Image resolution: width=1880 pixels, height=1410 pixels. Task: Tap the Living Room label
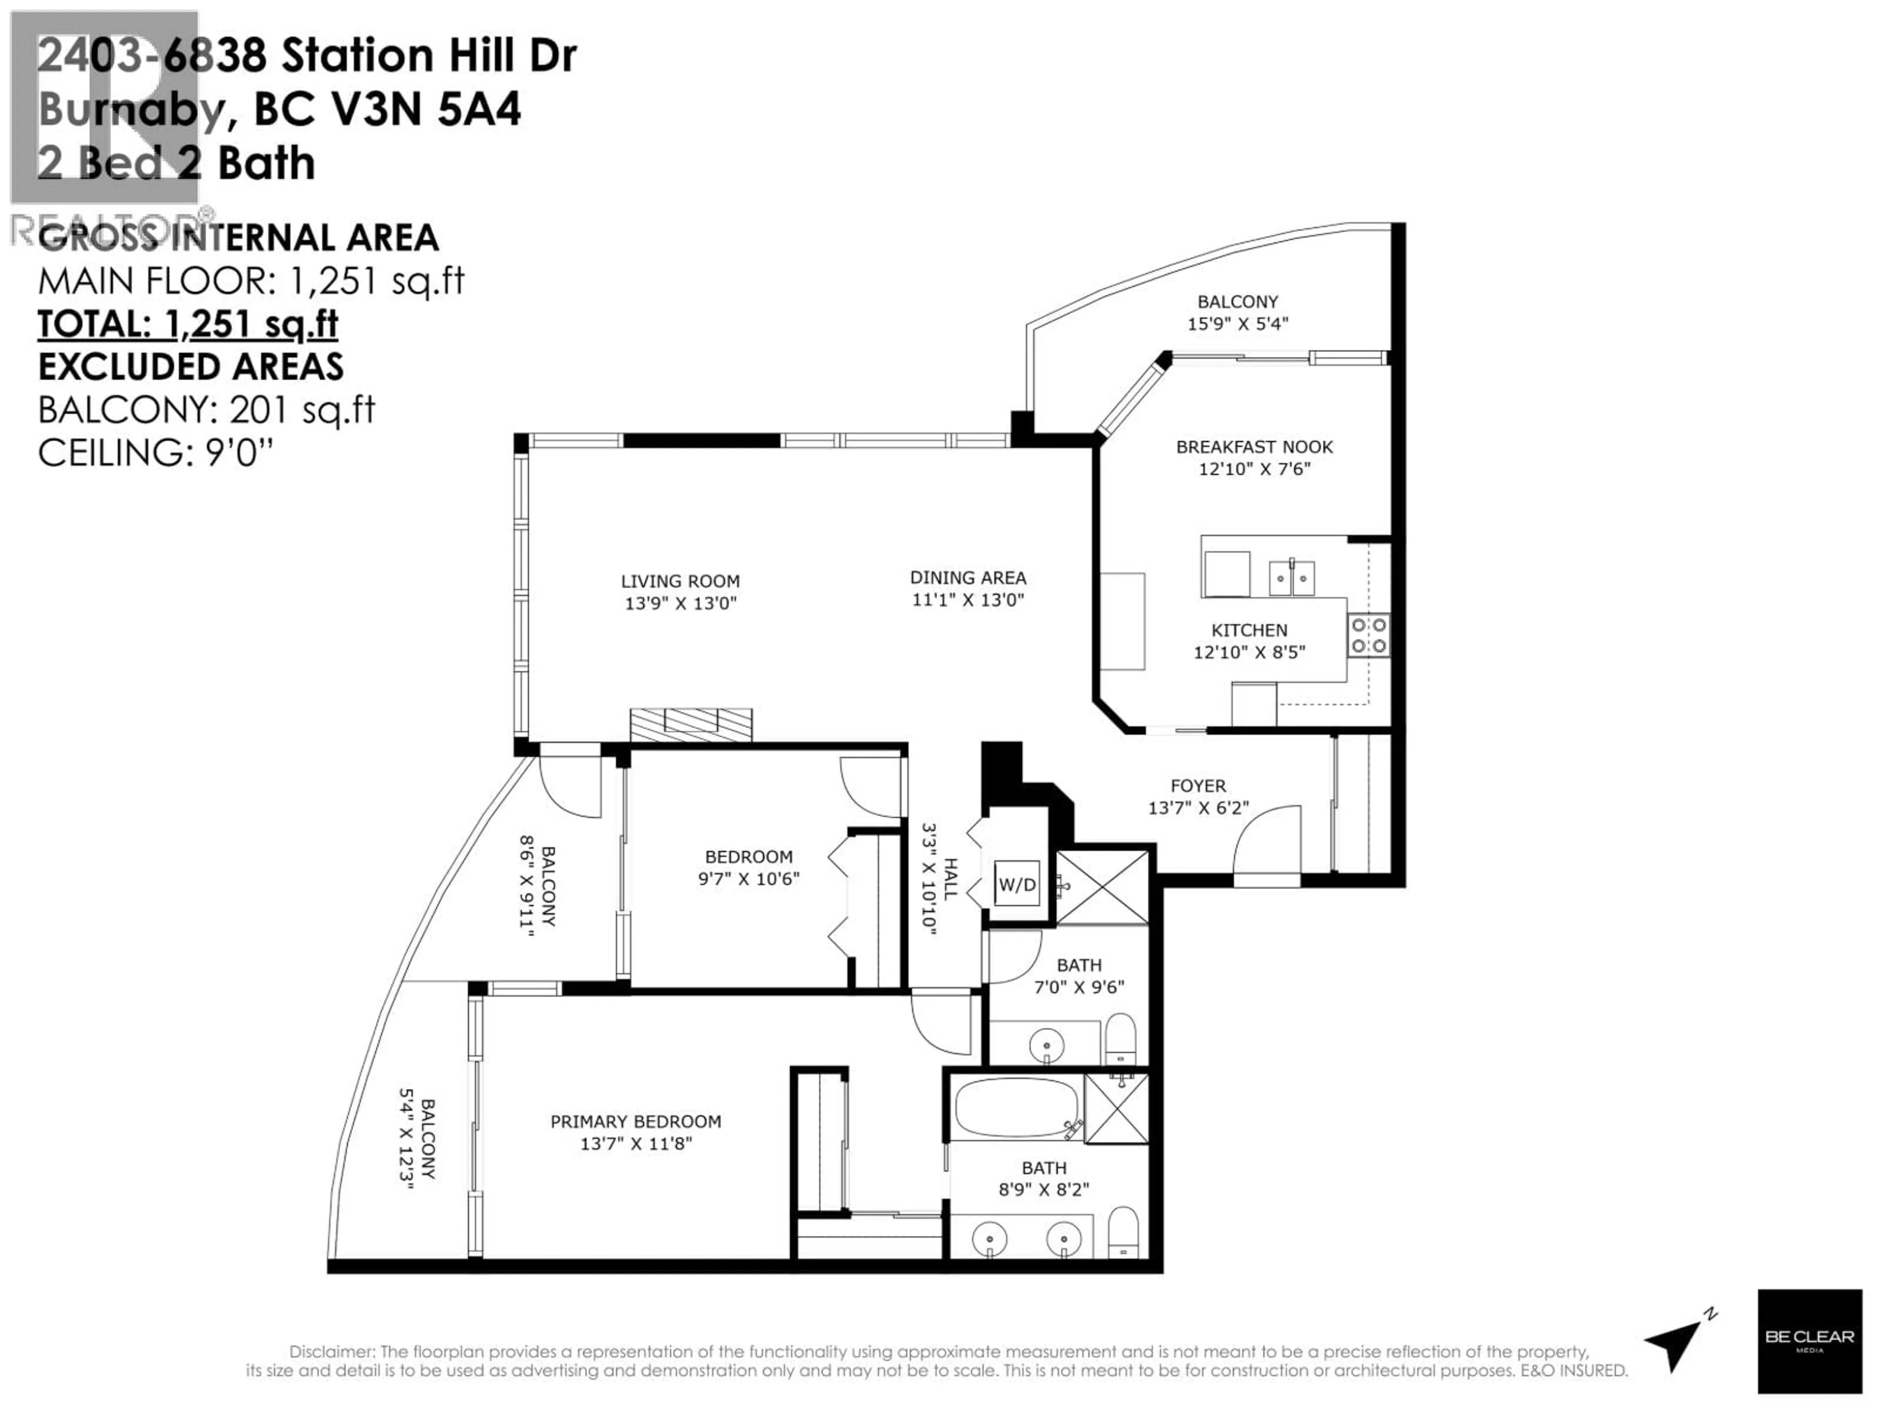tap(680, 581)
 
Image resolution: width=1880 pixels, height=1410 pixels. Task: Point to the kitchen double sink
tap(1291, 578)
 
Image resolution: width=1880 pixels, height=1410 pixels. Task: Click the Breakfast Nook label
tap(1254, 447)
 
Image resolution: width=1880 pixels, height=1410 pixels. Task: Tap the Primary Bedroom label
tap(636, 1122)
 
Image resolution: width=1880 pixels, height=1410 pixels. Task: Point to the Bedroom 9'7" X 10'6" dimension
tap(749, 879)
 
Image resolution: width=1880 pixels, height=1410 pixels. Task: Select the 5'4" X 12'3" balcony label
tap(417, 1139)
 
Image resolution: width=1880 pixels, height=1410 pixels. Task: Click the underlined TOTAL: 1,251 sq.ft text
tap(188, 324)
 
